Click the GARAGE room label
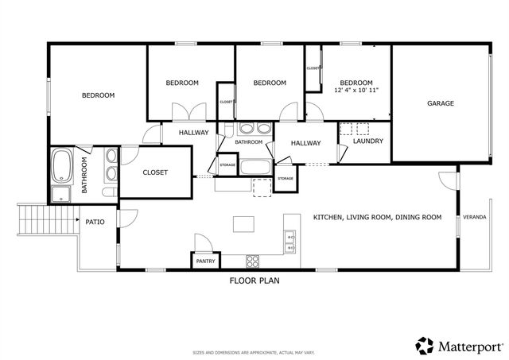[440, 103]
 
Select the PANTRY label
[206, 261]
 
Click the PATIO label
[95, 222]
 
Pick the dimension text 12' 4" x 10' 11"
[356, 91]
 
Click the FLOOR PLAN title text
[254, 281]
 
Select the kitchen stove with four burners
[254, 260]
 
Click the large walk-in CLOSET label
[155, 172]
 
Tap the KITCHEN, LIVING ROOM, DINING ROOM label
[377, 217]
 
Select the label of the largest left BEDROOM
[99, 95]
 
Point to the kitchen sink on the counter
[291, 241]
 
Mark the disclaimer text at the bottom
[254, 352]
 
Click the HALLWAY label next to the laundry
[305, 143]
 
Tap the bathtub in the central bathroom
[256, 167]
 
